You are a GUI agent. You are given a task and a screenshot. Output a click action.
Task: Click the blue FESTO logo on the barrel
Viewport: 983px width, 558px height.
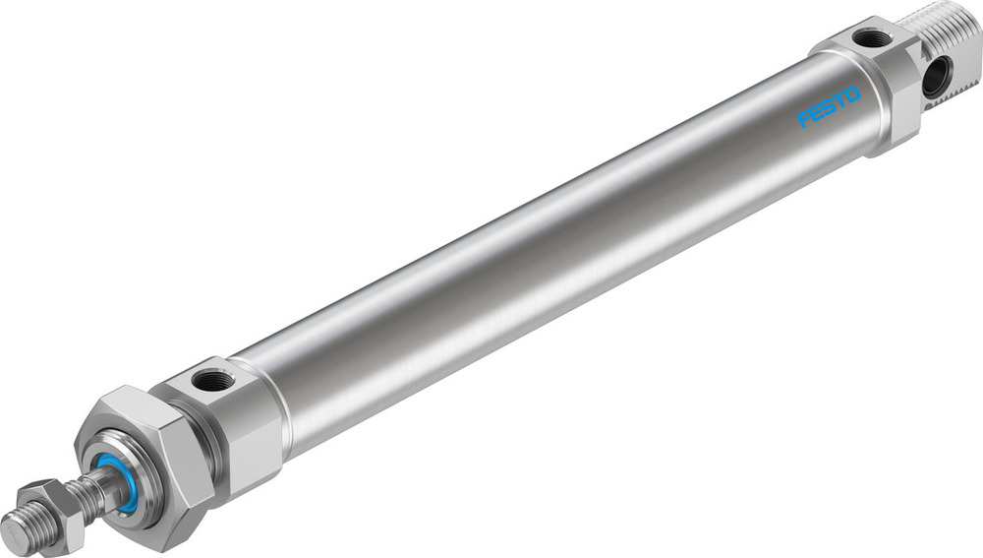830,106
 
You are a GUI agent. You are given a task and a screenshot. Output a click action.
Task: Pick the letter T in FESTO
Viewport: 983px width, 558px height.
841,100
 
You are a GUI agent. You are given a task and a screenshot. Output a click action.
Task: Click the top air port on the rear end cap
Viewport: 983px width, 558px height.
871,38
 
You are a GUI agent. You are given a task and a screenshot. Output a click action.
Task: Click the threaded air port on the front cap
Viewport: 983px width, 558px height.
213,379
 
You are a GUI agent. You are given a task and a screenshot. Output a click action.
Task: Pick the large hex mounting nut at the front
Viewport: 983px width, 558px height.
147,463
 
